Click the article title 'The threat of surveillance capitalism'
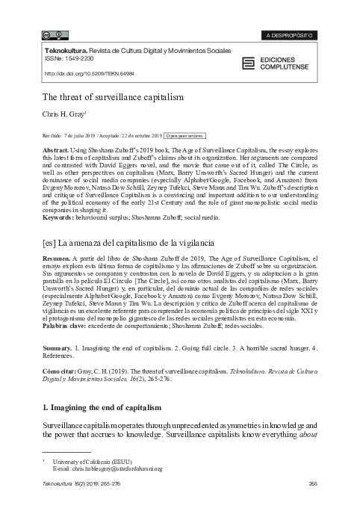coord(102,96)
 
